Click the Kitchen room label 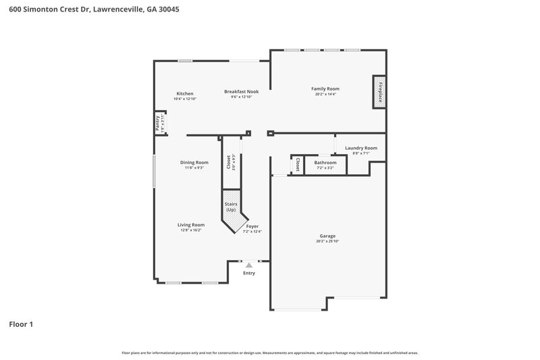pos(185,94)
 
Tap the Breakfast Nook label pos(242,91)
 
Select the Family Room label pos(325,88)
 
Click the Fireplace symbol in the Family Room pos(379,92)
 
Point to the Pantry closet pos(159,124)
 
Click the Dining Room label pos(194,162)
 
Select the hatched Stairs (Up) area pos(231,206)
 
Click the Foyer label pos(252,227)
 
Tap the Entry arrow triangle pos(249,265)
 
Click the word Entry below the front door pos(249,274)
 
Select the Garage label pos(327,236)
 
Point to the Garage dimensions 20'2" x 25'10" pos(327,242)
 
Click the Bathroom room pos(325,164)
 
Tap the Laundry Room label pos(360,148)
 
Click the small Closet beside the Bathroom pos(297,165)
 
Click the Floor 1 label pos(21,324)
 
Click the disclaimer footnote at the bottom pos(269,353)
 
